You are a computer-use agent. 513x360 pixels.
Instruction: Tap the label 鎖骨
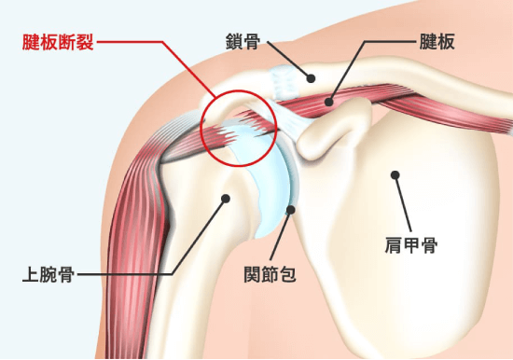pyautogui.click(x=242, y=41)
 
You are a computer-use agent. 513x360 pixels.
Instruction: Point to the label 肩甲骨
pyautogui.click(x=411, y=245)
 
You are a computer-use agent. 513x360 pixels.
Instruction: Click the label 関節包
pyautogui.click(x=270, y=275)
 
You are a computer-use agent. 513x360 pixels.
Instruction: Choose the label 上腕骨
pyautogui.click(x=49, y=275)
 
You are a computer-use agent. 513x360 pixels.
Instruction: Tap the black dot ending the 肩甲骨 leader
pyautogui.click(x=395, y=174)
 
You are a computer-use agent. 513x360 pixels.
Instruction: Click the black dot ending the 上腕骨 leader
pyautogui.click(x=225, y=198)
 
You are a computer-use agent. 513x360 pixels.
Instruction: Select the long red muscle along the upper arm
pyautogui.click(x=131, y=233)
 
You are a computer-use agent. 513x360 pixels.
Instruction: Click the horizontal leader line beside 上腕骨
pyautogui.click(x=121, y=275)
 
